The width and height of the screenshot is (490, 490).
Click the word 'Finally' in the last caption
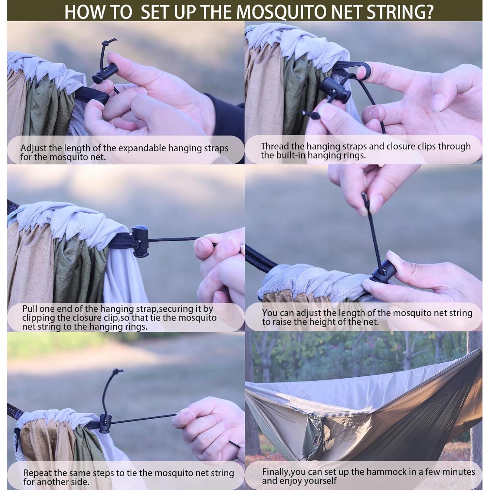point(275,472)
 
